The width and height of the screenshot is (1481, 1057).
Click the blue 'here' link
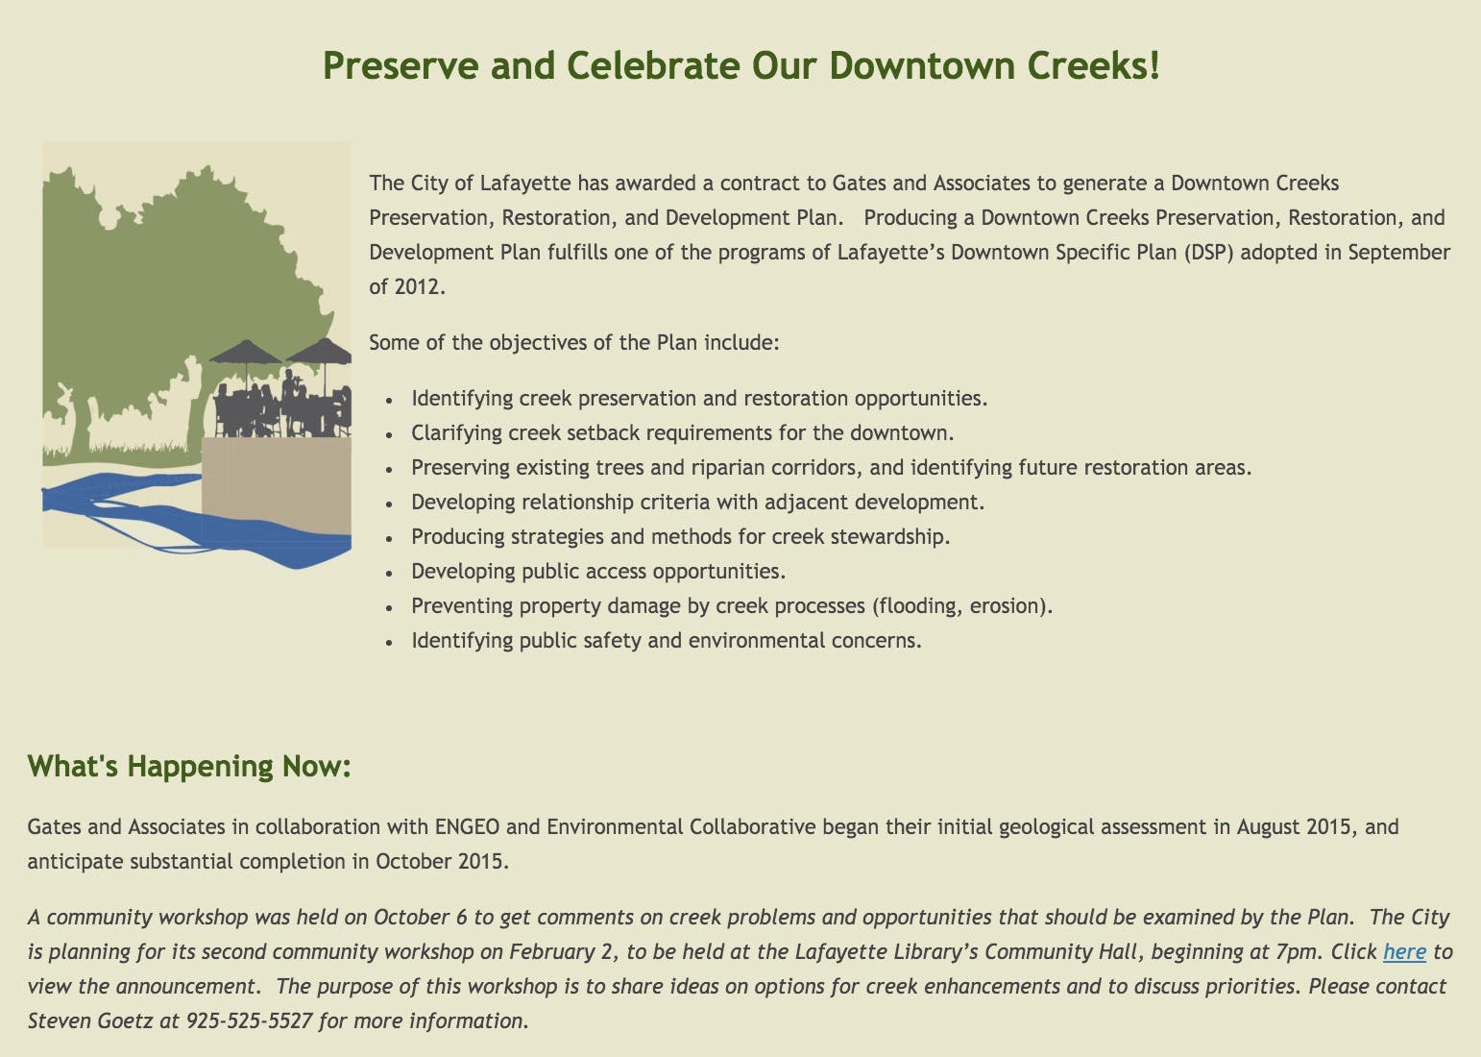pos(1404,951)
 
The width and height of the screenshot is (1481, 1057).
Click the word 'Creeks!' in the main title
pos(1094,66)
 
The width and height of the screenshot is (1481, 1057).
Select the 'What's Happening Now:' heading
pos(189,766)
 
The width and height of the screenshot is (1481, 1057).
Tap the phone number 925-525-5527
pos(249,1020)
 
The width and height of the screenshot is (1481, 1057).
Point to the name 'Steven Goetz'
pos(90,1020)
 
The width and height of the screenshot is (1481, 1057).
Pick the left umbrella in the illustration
pos(246,353)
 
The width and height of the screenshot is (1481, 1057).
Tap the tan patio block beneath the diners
pos(277,486)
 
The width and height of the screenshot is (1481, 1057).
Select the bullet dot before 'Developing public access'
pos(389,573)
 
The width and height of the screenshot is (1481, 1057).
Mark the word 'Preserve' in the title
pos(401,66)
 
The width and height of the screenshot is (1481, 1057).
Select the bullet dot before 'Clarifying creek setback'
pos(389,434)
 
